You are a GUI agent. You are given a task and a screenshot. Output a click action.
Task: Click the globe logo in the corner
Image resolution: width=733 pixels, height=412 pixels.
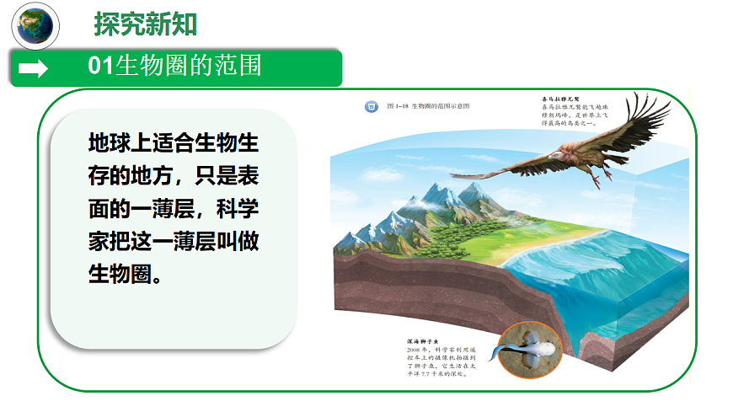[x=35, y=25]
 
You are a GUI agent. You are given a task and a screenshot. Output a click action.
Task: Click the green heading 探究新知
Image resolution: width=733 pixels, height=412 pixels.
[x=146, y=25]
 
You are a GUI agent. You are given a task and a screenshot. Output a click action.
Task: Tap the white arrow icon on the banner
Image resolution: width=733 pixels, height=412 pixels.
[x=33, y=68]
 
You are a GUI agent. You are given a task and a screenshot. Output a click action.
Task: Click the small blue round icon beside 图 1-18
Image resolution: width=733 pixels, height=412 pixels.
[x=369, y=107]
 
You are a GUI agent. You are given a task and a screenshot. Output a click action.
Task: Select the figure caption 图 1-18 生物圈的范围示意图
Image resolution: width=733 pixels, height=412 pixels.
[x=427, y=107]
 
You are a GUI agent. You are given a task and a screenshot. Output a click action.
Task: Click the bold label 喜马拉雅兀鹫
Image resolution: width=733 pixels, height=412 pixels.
[x=560, y=99]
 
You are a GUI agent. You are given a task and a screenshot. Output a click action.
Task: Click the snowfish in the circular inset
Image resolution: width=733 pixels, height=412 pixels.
[x=527, y=345]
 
